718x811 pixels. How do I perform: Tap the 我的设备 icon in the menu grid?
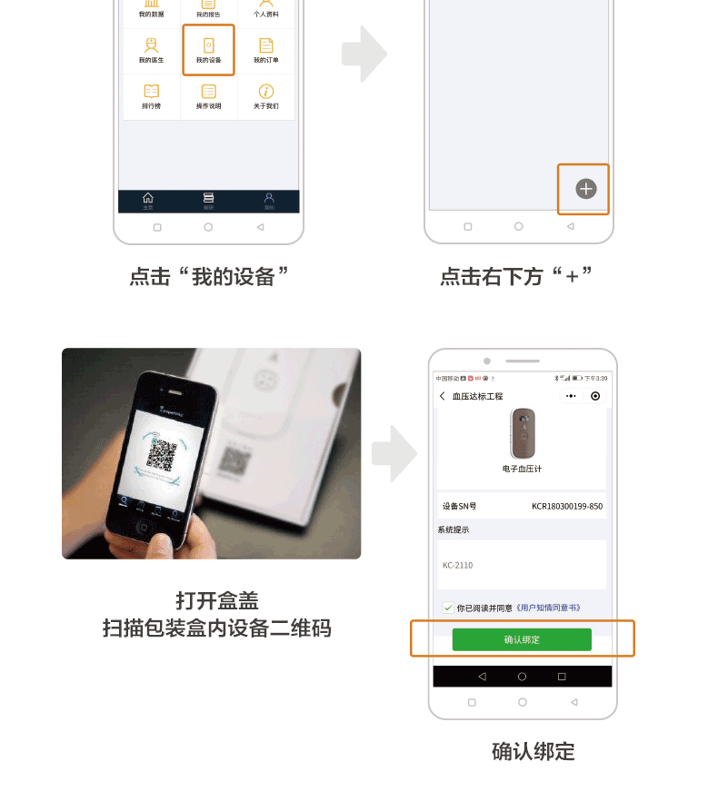[208, 45]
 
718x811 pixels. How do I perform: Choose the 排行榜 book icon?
[151, 92]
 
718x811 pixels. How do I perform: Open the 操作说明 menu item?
[208, 92]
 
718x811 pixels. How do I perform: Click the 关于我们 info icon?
[265, 92]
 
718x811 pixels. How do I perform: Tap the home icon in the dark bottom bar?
[148, 198]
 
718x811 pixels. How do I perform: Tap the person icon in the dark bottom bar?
[269, 198]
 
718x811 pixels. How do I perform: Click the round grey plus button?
[586, 189]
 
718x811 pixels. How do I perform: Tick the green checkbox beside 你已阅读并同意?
[448, 608]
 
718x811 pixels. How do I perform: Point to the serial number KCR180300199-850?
[566, 507]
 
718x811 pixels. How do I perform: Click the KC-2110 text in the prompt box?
[458, 566]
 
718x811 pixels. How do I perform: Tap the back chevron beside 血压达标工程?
[443, 396]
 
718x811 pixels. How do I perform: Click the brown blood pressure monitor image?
[522, 433]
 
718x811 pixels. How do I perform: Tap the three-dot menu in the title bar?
[570, 396]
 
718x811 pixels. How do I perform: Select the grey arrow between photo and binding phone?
[394, 452]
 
